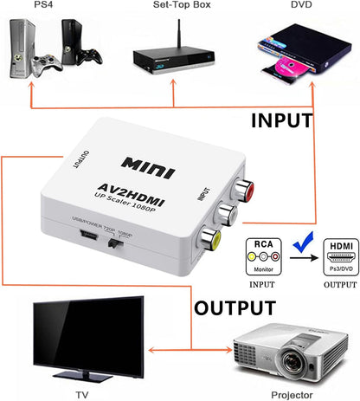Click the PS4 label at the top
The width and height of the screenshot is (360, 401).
(42, 5)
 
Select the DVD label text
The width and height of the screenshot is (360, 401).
(302, 5)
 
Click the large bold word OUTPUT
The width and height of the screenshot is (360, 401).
(235, 307)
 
